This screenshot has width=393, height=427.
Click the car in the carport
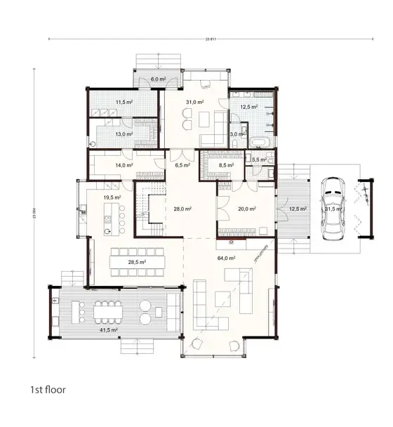click(x=332, y=208)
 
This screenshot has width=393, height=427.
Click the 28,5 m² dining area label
click(x=136, y=262)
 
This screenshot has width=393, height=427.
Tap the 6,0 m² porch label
click(x=158, y=79)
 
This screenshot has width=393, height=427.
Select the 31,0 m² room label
click(x=194, y=103)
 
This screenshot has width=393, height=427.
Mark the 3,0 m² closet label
click(x=239, y=133)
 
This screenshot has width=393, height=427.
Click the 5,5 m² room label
click(x=258, y=160)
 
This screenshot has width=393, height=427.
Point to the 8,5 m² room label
click(x=227, y=166)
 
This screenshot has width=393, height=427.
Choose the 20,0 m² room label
click(x=246, y=209)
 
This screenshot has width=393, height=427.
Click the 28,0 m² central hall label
click(x=183, y=209)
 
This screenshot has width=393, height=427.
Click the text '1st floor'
click(x=47, y=388)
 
